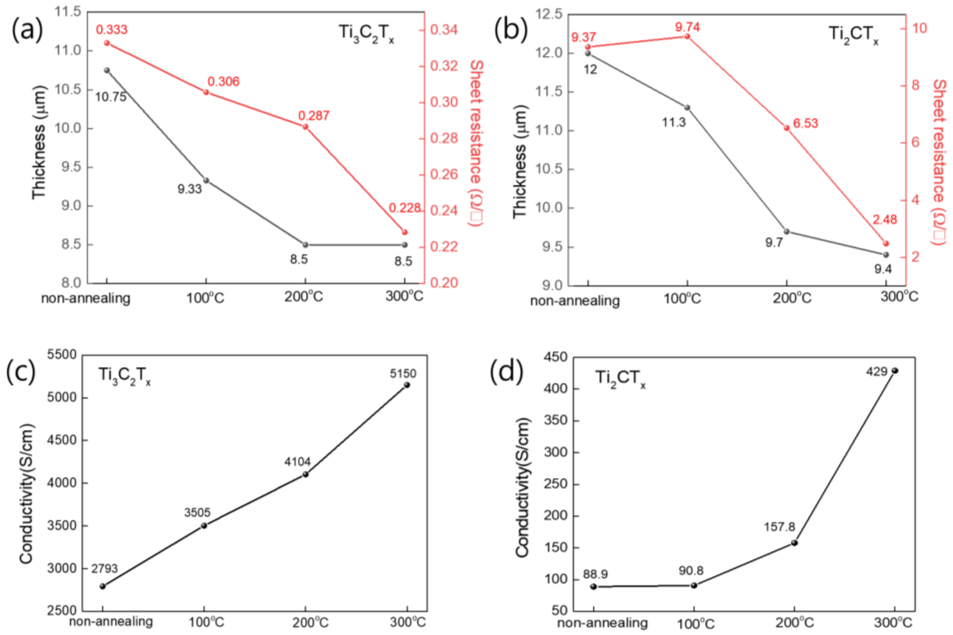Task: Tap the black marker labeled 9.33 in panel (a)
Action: tap(206, 181)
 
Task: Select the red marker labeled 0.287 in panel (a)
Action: tap(306, 127)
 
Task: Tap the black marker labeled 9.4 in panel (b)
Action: tap(886, 255)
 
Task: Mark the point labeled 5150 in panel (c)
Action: tap(407, 385)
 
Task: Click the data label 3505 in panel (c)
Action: tap(197, 512)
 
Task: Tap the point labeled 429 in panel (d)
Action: tap(895, 371)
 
